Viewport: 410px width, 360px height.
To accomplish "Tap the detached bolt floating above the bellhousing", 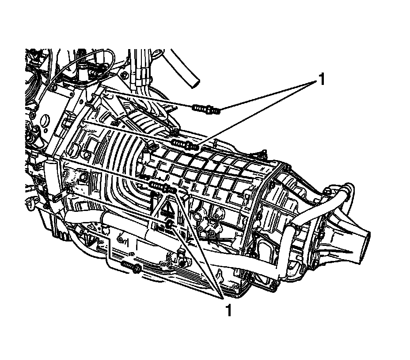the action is [206, 108].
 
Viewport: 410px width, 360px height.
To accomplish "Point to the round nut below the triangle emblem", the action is [169, 226].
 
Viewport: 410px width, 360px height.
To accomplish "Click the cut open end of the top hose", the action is [193, 83].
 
